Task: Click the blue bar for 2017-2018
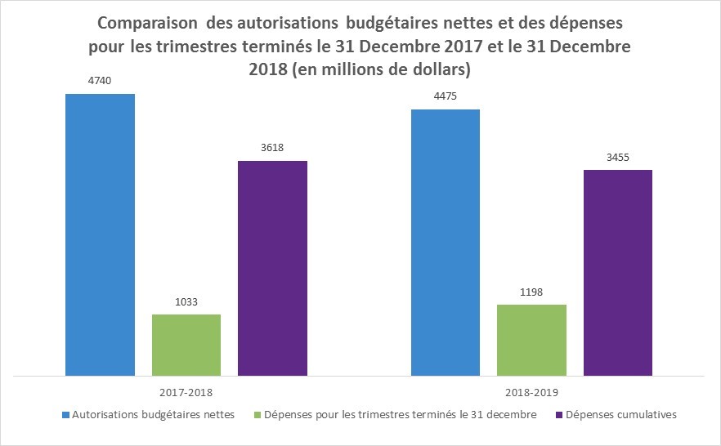100,235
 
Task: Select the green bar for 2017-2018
186,345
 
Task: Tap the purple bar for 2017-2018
272,268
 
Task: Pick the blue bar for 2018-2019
446,243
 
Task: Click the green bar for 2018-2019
532,340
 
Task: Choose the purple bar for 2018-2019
618,273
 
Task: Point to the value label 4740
100,81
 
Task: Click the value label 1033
186,301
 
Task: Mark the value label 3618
272,148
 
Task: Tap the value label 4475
446,96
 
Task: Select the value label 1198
532,292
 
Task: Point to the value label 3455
618,157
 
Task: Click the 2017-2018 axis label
186,392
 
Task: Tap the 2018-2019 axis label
532,392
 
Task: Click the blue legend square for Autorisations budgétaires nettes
66,415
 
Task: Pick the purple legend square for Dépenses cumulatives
559,415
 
